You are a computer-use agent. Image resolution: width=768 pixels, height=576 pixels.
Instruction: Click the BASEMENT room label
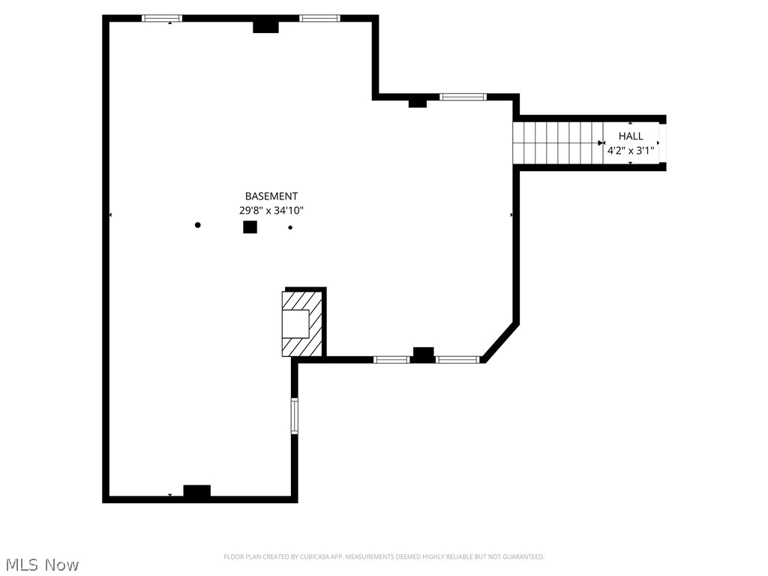[x=271, y=196]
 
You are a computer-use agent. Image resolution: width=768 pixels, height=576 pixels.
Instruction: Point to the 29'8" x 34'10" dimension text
[x=271, y=211]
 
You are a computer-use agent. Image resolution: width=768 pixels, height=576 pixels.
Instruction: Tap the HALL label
[x=631, y=136]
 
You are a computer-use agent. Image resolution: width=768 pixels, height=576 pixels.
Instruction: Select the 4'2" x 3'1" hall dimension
[x=631, y=150]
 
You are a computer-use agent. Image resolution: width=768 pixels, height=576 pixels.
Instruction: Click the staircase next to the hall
[x=557, y=142]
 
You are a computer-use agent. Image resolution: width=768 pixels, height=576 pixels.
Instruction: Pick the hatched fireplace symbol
[x=302, y=323]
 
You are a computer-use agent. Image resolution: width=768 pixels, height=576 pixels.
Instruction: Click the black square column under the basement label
[x=250, y=227]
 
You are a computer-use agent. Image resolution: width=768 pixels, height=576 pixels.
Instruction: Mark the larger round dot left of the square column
[x=198, y=225]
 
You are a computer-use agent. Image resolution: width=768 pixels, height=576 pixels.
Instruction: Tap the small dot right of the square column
[x=290, y=227]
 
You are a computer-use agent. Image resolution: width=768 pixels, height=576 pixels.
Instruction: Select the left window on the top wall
[x=162, y=18]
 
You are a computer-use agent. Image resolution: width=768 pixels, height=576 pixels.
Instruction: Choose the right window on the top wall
[x=319, y=18]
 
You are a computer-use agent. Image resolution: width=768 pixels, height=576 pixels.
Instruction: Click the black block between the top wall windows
[x=265, y=26]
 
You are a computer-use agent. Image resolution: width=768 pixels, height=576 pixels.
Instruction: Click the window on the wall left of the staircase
[x=463, y=97]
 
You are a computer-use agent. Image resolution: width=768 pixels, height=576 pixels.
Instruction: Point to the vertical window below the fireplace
[x=295, y=415]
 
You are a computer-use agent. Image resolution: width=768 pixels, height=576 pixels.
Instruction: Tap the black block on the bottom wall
[x=197, y=492]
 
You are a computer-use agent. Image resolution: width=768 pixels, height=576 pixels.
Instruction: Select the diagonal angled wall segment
[x=500, y=342]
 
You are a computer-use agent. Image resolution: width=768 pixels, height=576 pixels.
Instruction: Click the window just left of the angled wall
[x=457, y=360]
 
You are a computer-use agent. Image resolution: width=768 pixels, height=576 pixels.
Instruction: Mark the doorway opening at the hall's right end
[x=662, y=142]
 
